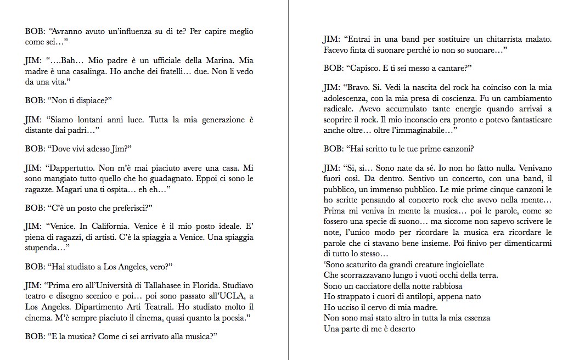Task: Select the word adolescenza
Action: click(346, 98)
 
